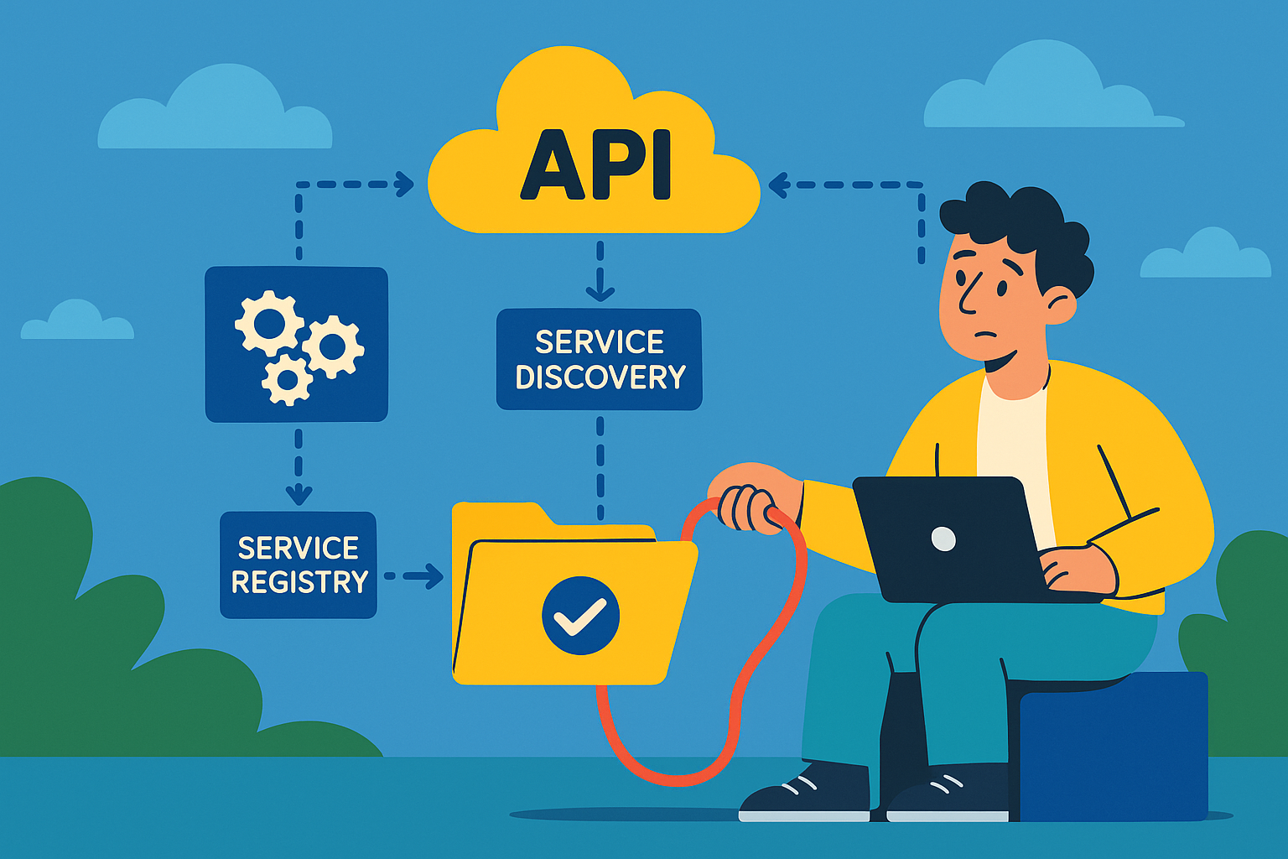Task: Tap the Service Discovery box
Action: coord(599,359)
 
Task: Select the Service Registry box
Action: coord(299,565)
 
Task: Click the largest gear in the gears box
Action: coord(269,322)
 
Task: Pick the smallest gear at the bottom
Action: coord(288,380)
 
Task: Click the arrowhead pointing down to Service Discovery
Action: coord(600,291)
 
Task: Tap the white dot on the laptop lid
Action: coord(943,538)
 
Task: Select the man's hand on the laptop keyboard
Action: coord(1078,568)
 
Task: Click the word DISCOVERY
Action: coord(600,377)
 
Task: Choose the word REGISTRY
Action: coord(299,581)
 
